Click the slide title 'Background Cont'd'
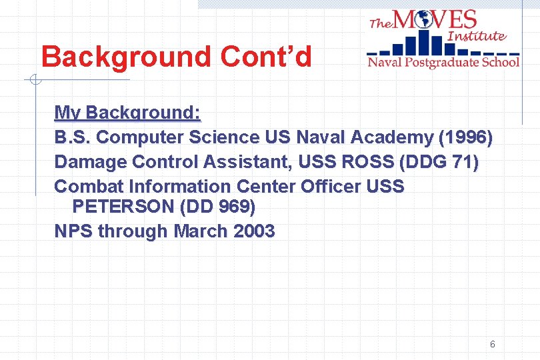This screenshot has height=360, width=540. point(176,57)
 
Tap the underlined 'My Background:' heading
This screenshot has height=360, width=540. point(127,112)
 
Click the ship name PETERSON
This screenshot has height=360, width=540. point(123,207)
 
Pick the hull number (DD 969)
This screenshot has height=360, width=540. point(217,207)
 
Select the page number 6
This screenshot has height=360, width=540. point(492,344)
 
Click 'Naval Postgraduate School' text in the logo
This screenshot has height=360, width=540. point(443,62)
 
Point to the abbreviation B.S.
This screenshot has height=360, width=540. point(73,137)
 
